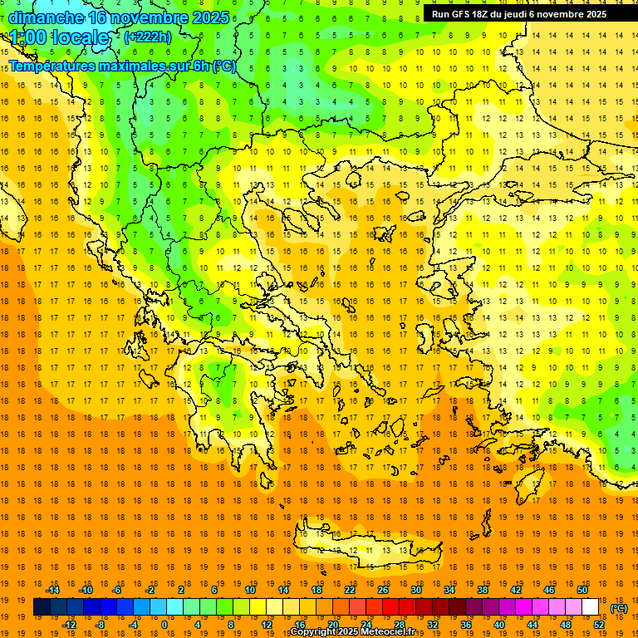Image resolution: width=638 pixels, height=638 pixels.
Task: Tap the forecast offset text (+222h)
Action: coord(147,37)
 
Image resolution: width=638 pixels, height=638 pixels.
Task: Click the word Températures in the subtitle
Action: coord(52,66)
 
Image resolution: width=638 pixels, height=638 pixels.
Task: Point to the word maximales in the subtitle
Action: coord(132,66)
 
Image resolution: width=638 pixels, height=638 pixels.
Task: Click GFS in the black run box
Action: coord(464,14)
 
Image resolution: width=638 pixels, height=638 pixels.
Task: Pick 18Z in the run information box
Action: coord(487,14)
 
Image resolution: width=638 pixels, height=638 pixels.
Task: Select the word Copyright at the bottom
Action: coord(314,632)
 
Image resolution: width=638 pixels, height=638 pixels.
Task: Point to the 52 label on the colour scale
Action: coord(599,625)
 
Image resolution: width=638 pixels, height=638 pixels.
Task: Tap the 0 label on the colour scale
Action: coord(164,625)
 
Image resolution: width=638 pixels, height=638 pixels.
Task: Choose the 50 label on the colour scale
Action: coord(582,590)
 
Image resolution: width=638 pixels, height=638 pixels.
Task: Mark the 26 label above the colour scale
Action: coord(383,590)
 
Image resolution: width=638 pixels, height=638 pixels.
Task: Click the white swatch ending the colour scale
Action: coord(591,607)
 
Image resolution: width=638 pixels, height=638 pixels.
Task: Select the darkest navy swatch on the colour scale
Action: coord(42,607)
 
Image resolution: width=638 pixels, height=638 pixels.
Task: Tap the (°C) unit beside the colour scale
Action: coord(619,608)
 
